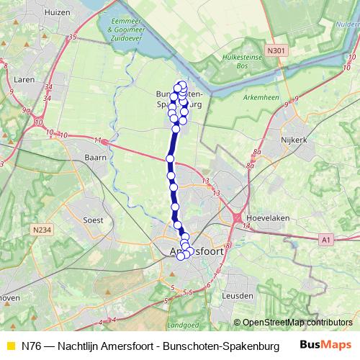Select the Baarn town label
[95, 156]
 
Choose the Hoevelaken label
[287, 214]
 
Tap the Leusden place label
[238, 295]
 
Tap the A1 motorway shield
[326, 239]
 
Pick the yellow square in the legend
[10, 345]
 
